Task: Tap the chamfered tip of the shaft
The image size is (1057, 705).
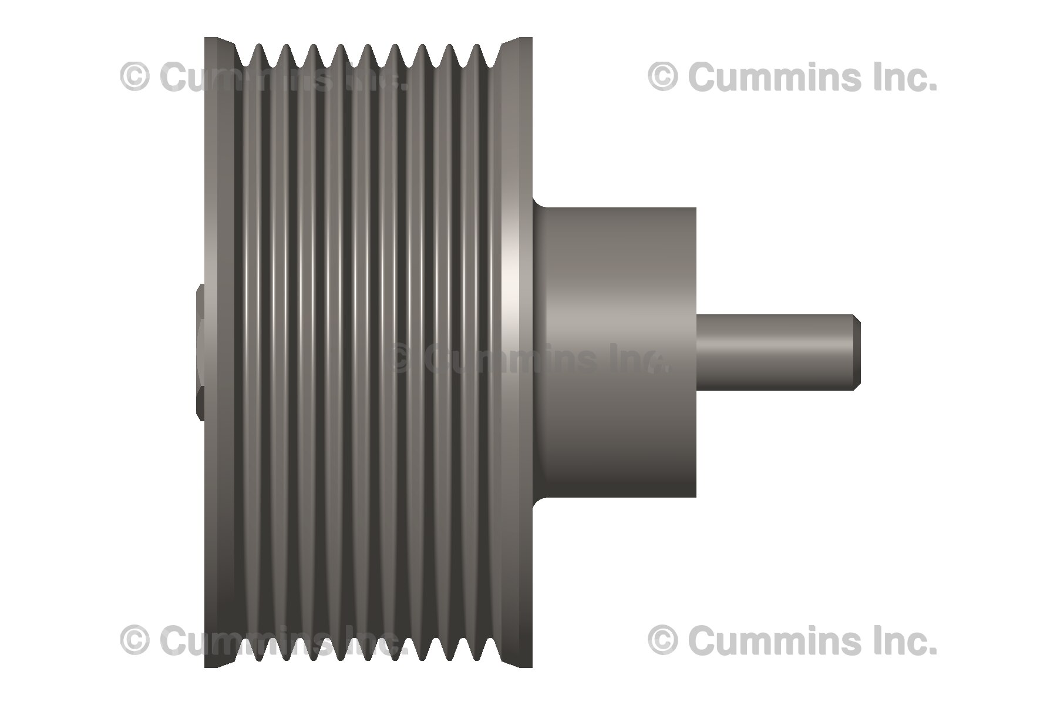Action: point(857,352)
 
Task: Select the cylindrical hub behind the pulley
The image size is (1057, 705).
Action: point(617,352)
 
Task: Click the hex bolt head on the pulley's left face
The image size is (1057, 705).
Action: point(201,352)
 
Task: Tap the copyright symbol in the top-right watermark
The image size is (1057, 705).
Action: point(664,77)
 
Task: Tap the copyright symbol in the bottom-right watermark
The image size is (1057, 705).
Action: point(664,640)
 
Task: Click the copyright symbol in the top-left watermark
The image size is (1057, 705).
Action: point(135,77)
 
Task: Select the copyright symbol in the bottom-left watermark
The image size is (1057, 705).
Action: point(135,640)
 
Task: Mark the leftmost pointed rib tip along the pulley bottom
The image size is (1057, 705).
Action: point(258,659)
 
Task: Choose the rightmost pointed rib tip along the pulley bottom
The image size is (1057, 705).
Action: point(477,659)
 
